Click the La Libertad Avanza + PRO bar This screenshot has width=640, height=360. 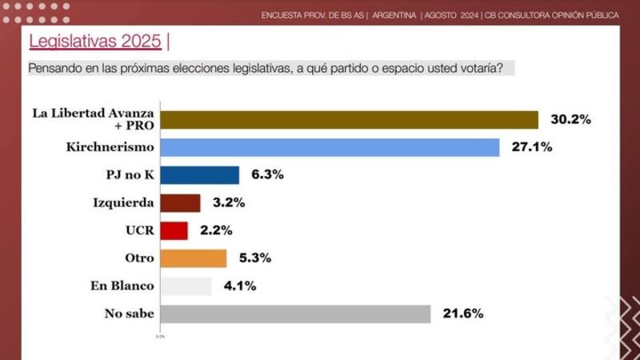click(x=350, y=119)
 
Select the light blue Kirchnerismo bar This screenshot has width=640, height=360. click(x=330, y=147)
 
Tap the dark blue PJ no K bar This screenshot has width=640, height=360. click(x=200, y=175)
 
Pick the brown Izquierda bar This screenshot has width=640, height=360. click(x=181, y=202)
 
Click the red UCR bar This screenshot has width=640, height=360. click(x=174, y=230)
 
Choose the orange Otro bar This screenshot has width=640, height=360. click(x=194, y=258)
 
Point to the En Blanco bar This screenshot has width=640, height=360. click(x=186, y=286)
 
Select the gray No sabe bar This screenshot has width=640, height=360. click(x=295, y=314)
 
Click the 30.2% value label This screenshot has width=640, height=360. click(x=570, y=119)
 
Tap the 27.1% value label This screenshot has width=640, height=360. click(x=531, y=147)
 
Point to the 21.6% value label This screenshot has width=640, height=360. click(x=462, y=314)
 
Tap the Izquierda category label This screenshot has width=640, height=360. click(x=123, y=202)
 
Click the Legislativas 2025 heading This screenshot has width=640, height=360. click(x=95, y=41)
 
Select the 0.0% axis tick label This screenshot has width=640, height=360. click(x=160, y=336)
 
